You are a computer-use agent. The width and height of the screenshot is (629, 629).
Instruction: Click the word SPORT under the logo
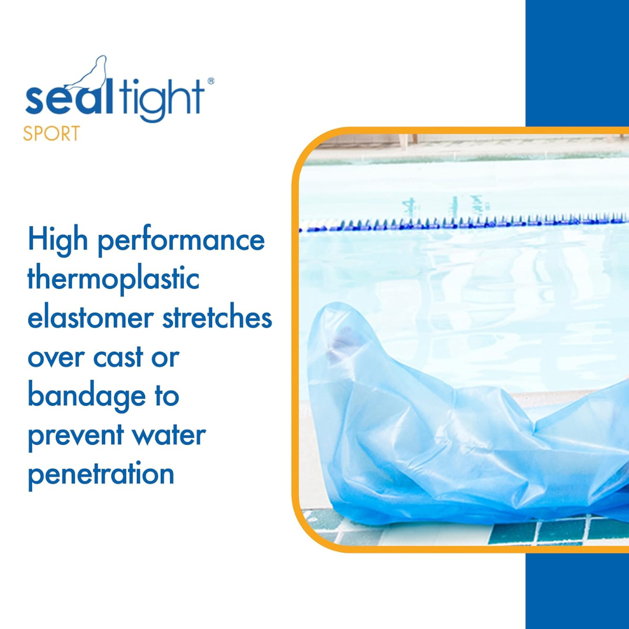coord(51,133)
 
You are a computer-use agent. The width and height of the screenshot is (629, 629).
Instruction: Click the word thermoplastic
coord(114,280)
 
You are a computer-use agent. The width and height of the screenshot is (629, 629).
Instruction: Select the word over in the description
coord(56,358)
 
